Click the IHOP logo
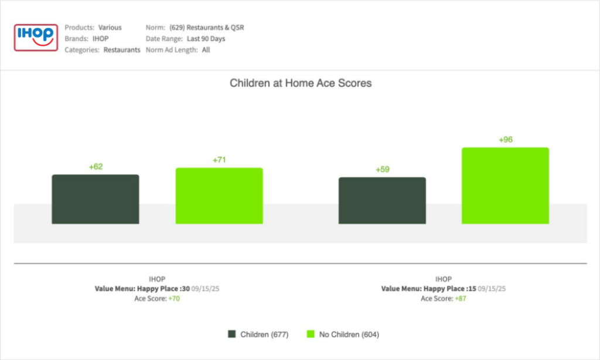click(36, 38)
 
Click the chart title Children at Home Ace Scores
click(300, 83)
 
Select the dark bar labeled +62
click(96, 199)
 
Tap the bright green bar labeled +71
click(219, 196)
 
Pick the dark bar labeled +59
click(382, 201)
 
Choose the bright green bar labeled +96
click(505, 185)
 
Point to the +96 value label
click(505, 140)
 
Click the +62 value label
click(96, 167)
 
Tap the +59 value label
click(382, 169)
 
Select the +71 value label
click(219, 160)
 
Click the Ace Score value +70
click(175, 298)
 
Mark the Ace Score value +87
click(461, 298)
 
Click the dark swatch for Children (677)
click(231, 334)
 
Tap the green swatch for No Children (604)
click(311, 334)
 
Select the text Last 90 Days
click(206, 39)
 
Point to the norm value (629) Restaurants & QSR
click(206, 28)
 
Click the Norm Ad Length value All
click(206, 50)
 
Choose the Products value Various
click(110, 28)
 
